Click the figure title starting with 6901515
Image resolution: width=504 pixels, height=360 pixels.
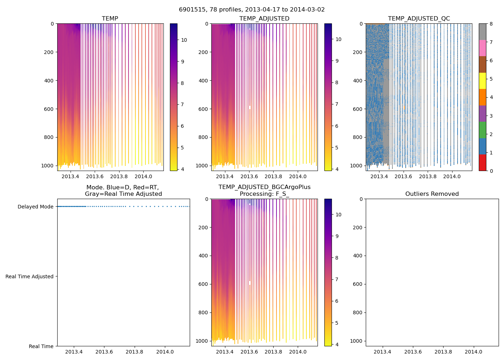coord(252,9)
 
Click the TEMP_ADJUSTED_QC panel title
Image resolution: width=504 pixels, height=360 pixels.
coord(419,18)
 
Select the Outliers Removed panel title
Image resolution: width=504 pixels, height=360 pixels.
coord(432,194)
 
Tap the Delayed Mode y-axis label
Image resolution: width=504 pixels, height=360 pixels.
coord(35,207)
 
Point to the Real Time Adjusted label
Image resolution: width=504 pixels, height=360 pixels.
coord(30,276)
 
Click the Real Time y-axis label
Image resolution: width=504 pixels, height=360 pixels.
coord(41,346)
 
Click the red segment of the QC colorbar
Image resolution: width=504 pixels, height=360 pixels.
coord(482,163)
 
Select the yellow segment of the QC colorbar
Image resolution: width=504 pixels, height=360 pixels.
coord(482,81)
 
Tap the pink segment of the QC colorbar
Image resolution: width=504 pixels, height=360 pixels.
coord(482,48)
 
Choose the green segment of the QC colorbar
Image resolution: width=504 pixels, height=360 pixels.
coord(482,130)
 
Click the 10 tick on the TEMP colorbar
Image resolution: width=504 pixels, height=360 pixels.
coord(184,40)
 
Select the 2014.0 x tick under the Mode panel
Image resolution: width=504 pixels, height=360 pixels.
coord(165,352)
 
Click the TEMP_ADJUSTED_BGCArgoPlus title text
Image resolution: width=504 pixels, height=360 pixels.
coord(264,187)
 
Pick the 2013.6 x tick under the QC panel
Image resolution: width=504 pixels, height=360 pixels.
coord(403,176)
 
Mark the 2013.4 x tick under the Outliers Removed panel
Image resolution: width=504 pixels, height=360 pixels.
coord(383,352)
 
